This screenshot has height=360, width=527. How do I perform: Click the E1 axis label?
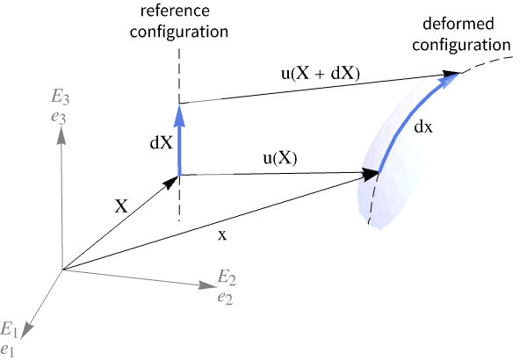(x=10, y=330)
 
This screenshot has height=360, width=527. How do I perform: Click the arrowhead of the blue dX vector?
(x=179, y=111)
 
